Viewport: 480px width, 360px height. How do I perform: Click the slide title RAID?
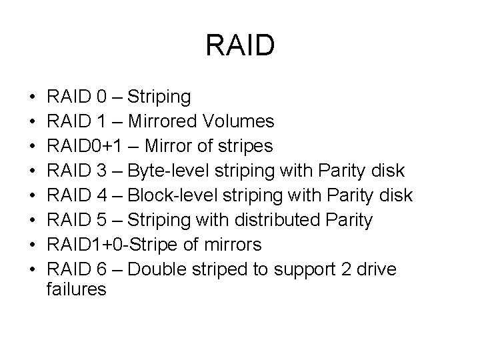(x=240, y=45)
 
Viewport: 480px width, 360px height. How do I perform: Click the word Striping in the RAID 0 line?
(x=159, y=98)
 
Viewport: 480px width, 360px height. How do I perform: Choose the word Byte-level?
(x=171, y=171)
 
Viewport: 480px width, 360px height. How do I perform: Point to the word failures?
(x=77, y=290)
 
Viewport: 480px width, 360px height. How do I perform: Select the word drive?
(x=377, y=270)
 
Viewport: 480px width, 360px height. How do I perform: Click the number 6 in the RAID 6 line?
(x=101, y=270)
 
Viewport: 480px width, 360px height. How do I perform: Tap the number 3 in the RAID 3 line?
(x=101, y=171)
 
